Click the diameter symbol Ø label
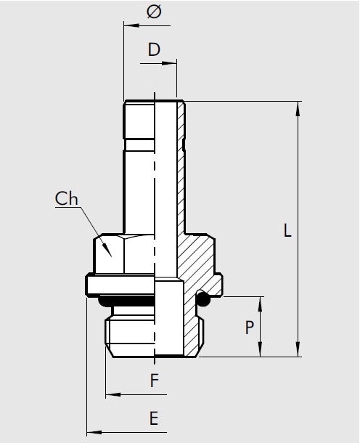coord(153,12)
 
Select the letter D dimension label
coord(153,49)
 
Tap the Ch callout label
coord(67,198)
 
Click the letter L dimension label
coord(288,232)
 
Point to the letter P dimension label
coord(249,328)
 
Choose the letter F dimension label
coord(153,381)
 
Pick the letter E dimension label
coord(153,418)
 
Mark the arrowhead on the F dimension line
coord(112,396)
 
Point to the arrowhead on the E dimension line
coord(92,433)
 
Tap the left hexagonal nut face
coord(109,254)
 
